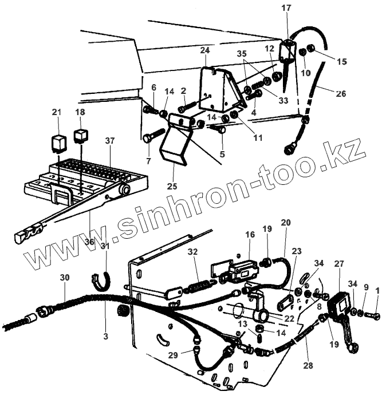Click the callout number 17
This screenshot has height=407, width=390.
tap(286, 9)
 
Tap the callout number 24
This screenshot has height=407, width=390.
tap(206, 50)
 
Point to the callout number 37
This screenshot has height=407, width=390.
tap(109, 140)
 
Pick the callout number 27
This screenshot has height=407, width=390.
tap(338, 264)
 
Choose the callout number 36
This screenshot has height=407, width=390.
tap(89, 242)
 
